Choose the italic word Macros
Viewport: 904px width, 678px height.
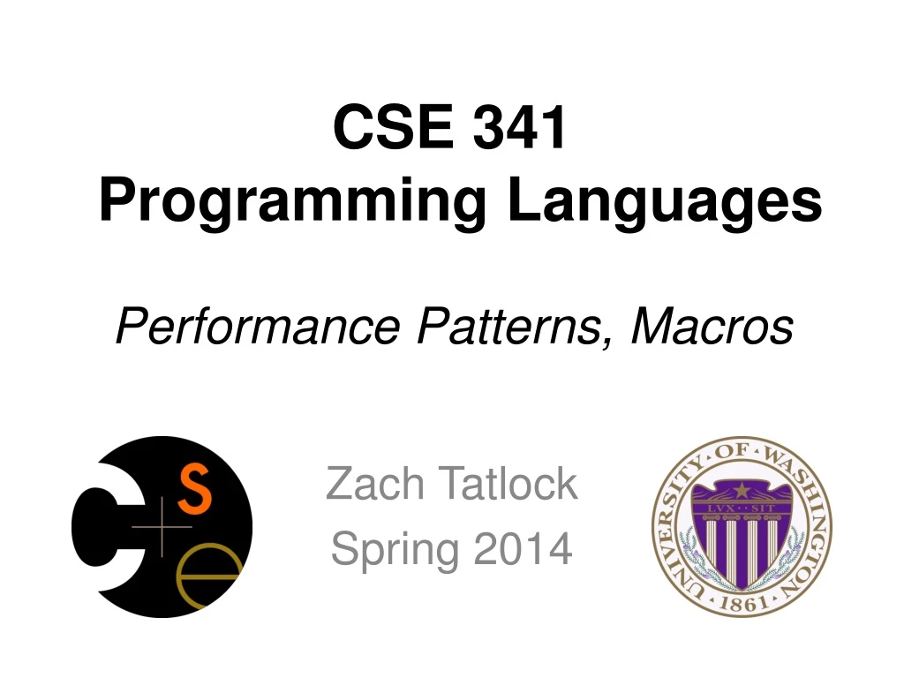coord(712,328)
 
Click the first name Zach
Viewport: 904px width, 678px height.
coord(380,484)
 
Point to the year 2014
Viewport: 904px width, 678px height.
coord(523,549)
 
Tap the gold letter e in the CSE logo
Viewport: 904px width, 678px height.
coord(209,573)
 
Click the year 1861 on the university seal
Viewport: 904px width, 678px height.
coord(742,603)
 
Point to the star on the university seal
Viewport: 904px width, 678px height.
coord(741,489)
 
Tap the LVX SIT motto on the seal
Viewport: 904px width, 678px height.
coord(741,508)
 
